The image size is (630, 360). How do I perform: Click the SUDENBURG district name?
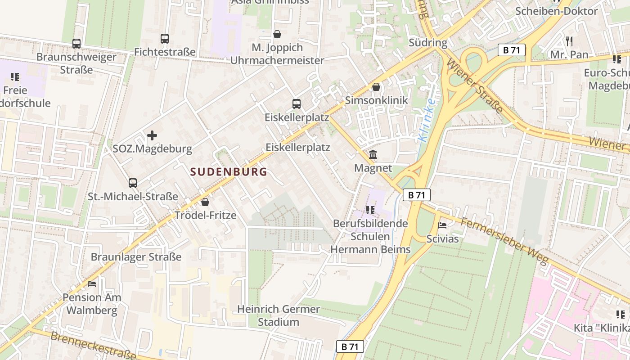[x=229, y=172]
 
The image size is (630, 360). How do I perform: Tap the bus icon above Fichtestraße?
[x=165, y=39]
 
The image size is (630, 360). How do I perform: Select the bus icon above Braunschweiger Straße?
[x=76, y=44]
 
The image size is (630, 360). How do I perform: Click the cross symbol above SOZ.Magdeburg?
[x=152, y=135]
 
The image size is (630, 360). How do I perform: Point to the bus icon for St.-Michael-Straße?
[x=132, y=183]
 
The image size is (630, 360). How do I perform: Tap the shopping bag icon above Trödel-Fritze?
[x=205, y=202]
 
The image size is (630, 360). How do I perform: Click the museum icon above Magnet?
[x=373, y=155]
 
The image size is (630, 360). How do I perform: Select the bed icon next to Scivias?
[x=442, y=225]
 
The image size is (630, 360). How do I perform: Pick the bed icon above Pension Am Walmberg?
[x=92, y=284]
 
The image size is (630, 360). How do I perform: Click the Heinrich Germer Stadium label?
[x=279, y=315]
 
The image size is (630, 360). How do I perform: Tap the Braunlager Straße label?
[x=136, y=257]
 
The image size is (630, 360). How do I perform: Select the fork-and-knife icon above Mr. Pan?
[x=569, y=41]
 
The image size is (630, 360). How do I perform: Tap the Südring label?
[x=428, y=43]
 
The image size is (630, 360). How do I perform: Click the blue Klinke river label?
[x=426, y=121]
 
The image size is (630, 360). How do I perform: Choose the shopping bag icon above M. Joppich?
[x=277, y=34]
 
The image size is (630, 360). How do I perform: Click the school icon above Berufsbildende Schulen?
[x=370, y=210]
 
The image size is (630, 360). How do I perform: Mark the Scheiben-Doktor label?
[x=562, y=11]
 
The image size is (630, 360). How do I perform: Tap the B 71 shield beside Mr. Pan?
[x=512, y=50]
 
